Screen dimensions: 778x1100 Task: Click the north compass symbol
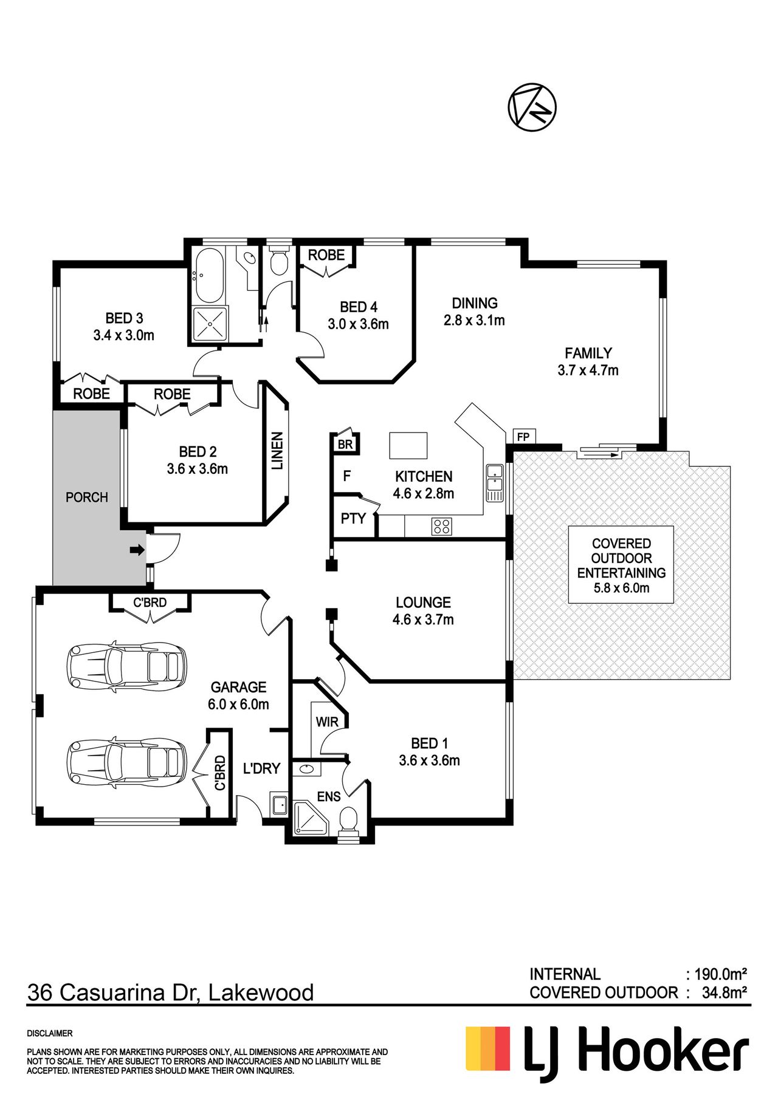point(532,106)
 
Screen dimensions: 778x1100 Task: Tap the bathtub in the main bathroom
point(209,275)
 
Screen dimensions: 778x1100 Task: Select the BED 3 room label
point(124,318)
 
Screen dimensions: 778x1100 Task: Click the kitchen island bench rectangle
point(408,445)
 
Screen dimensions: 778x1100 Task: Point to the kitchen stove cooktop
point(442,526)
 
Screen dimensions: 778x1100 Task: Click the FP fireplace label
point(523,437)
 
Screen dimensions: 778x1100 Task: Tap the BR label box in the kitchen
point(345,444)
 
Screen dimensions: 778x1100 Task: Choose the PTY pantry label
point(353,518)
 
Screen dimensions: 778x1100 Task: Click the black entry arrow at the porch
point(137,550)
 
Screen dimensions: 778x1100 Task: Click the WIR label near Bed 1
point(327,722)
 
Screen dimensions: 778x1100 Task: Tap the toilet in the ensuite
point(348,821)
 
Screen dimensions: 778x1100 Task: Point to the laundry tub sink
point(279,805)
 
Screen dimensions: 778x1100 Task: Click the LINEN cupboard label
point(277,451)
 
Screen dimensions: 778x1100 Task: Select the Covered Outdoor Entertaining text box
point(621,565)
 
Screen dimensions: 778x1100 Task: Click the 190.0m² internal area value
point(720,974)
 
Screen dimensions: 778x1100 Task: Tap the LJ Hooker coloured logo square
point(488,1049)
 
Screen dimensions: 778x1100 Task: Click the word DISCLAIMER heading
point(50,1033)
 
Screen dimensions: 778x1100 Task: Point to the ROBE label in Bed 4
point(326,255)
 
